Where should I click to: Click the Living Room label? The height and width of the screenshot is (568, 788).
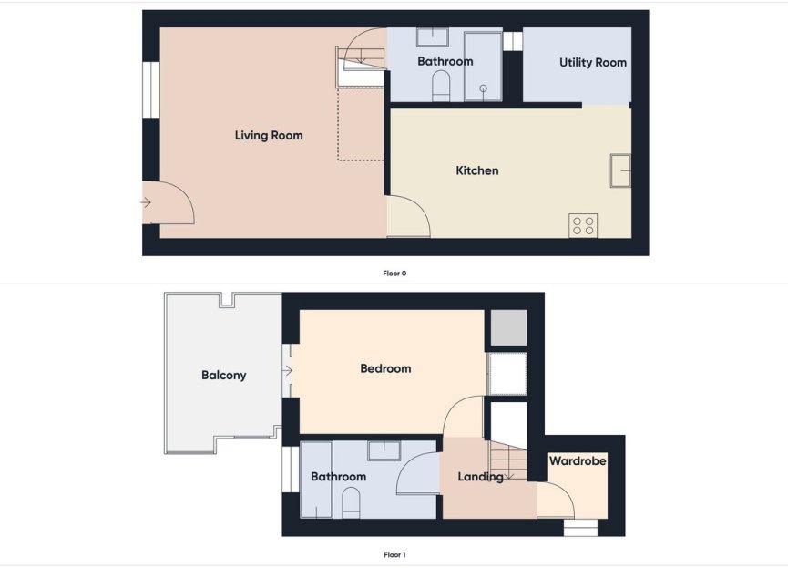coord(269,136)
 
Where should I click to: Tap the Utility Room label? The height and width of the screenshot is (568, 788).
coord(593,63)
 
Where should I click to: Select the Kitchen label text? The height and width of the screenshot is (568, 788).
coord(477,170)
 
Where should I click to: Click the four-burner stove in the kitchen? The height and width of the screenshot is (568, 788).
coord(583,225)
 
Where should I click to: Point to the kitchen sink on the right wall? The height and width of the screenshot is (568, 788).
coord(621,170)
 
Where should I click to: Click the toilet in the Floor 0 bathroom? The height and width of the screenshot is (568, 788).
coord(441,86)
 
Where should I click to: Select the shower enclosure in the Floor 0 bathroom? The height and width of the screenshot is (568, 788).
coord(483,67)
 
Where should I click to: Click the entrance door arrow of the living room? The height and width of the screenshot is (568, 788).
coord(146,202)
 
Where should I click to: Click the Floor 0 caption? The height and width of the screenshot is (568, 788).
coord(394,273)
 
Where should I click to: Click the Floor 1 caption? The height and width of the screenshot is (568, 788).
coord(394,554)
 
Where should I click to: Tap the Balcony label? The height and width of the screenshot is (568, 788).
coord(224,375)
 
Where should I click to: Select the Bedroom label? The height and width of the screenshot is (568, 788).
coord(385,369)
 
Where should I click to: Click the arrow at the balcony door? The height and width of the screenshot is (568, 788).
coord(287,371)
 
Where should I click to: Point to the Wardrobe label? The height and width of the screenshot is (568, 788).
coord(578,461)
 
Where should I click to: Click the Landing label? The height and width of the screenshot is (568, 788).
coord(480,477)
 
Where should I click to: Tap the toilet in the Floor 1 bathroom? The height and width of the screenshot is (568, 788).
coord(352,501)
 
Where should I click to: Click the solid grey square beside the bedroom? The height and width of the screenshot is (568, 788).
coord(509,328)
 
